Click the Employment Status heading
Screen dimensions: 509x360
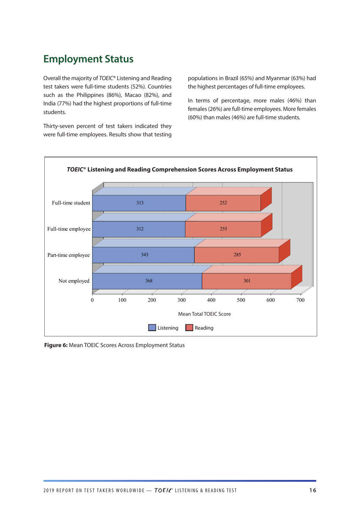click(88, 59)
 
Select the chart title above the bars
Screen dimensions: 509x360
click(180, 170)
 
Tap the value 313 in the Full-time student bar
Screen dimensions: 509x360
click(140, 203)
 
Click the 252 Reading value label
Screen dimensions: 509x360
click(223, 203)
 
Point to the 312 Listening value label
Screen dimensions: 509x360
click(140, 229)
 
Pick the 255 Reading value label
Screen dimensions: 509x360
click(224, 229)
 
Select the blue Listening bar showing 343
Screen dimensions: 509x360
click(144, 255)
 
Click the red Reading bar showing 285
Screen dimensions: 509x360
click(237, 255)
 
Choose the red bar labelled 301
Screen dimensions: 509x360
click(247, 281)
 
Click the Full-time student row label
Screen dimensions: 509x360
click(71, 203)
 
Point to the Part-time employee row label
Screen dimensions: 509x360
click(69, 255)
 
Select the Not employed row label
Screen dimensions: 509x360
click(74, 281)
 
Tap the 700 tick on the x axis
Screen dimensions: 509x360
click(300, 300)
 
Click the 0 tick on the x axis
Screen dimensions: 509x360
click(92, 300)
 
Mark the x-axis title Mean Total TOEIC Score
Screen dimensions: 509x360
click(204, 314)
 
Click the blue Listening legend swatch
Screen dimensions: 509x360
click(152, 328)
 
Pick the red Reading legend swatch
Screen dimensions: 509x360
click(189, 328)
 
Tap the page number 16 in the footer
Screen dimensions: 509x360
click(313, 490)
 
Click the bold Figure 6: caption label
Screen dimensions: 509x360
click(56, 345)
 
